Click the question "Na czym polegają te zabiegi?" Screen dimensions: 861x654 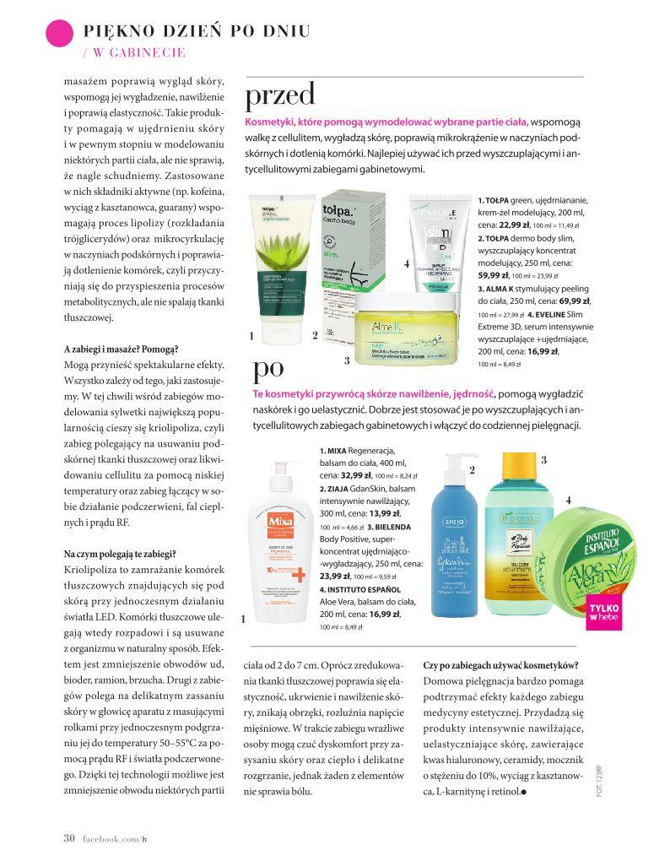click(x=120, y=553)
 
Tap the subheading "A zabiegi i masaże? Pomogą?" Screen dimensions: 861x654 click(x=121, y=349)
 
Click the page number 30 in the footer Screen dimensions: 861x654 click(x=70, y=837)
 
